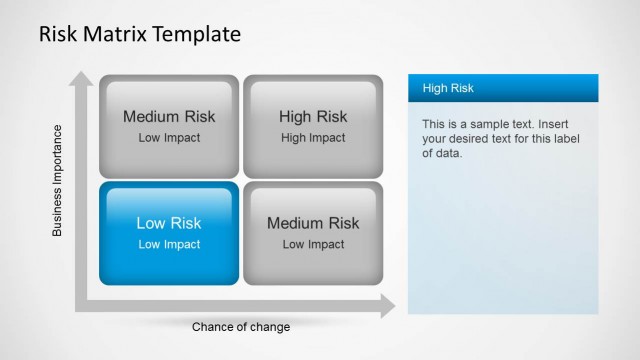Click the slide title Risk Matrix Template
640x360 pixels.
[139, 34]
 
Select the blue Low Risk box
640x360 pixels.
[169, 232]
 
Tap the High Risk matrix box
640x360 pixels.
[313, 126]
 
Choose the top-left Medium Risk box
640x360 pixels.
[169, 126]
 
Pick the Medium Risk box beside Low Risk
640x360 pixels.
[313, 232]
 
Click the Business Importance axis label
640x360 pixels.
[57, 180]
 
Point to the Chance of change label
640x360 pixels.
[241, 327]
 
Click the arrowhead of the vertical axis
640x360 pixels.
[81, 79]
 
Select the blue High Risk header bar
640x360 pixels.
[502, 88]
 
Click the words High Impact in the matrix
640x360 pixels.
[313, 138]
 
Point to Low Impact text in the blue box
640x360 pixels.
[169, 244]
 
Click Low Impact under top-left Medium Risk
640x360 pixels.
[169, 138]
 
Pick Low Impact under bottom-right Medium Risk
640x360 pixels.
[313, 244]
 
